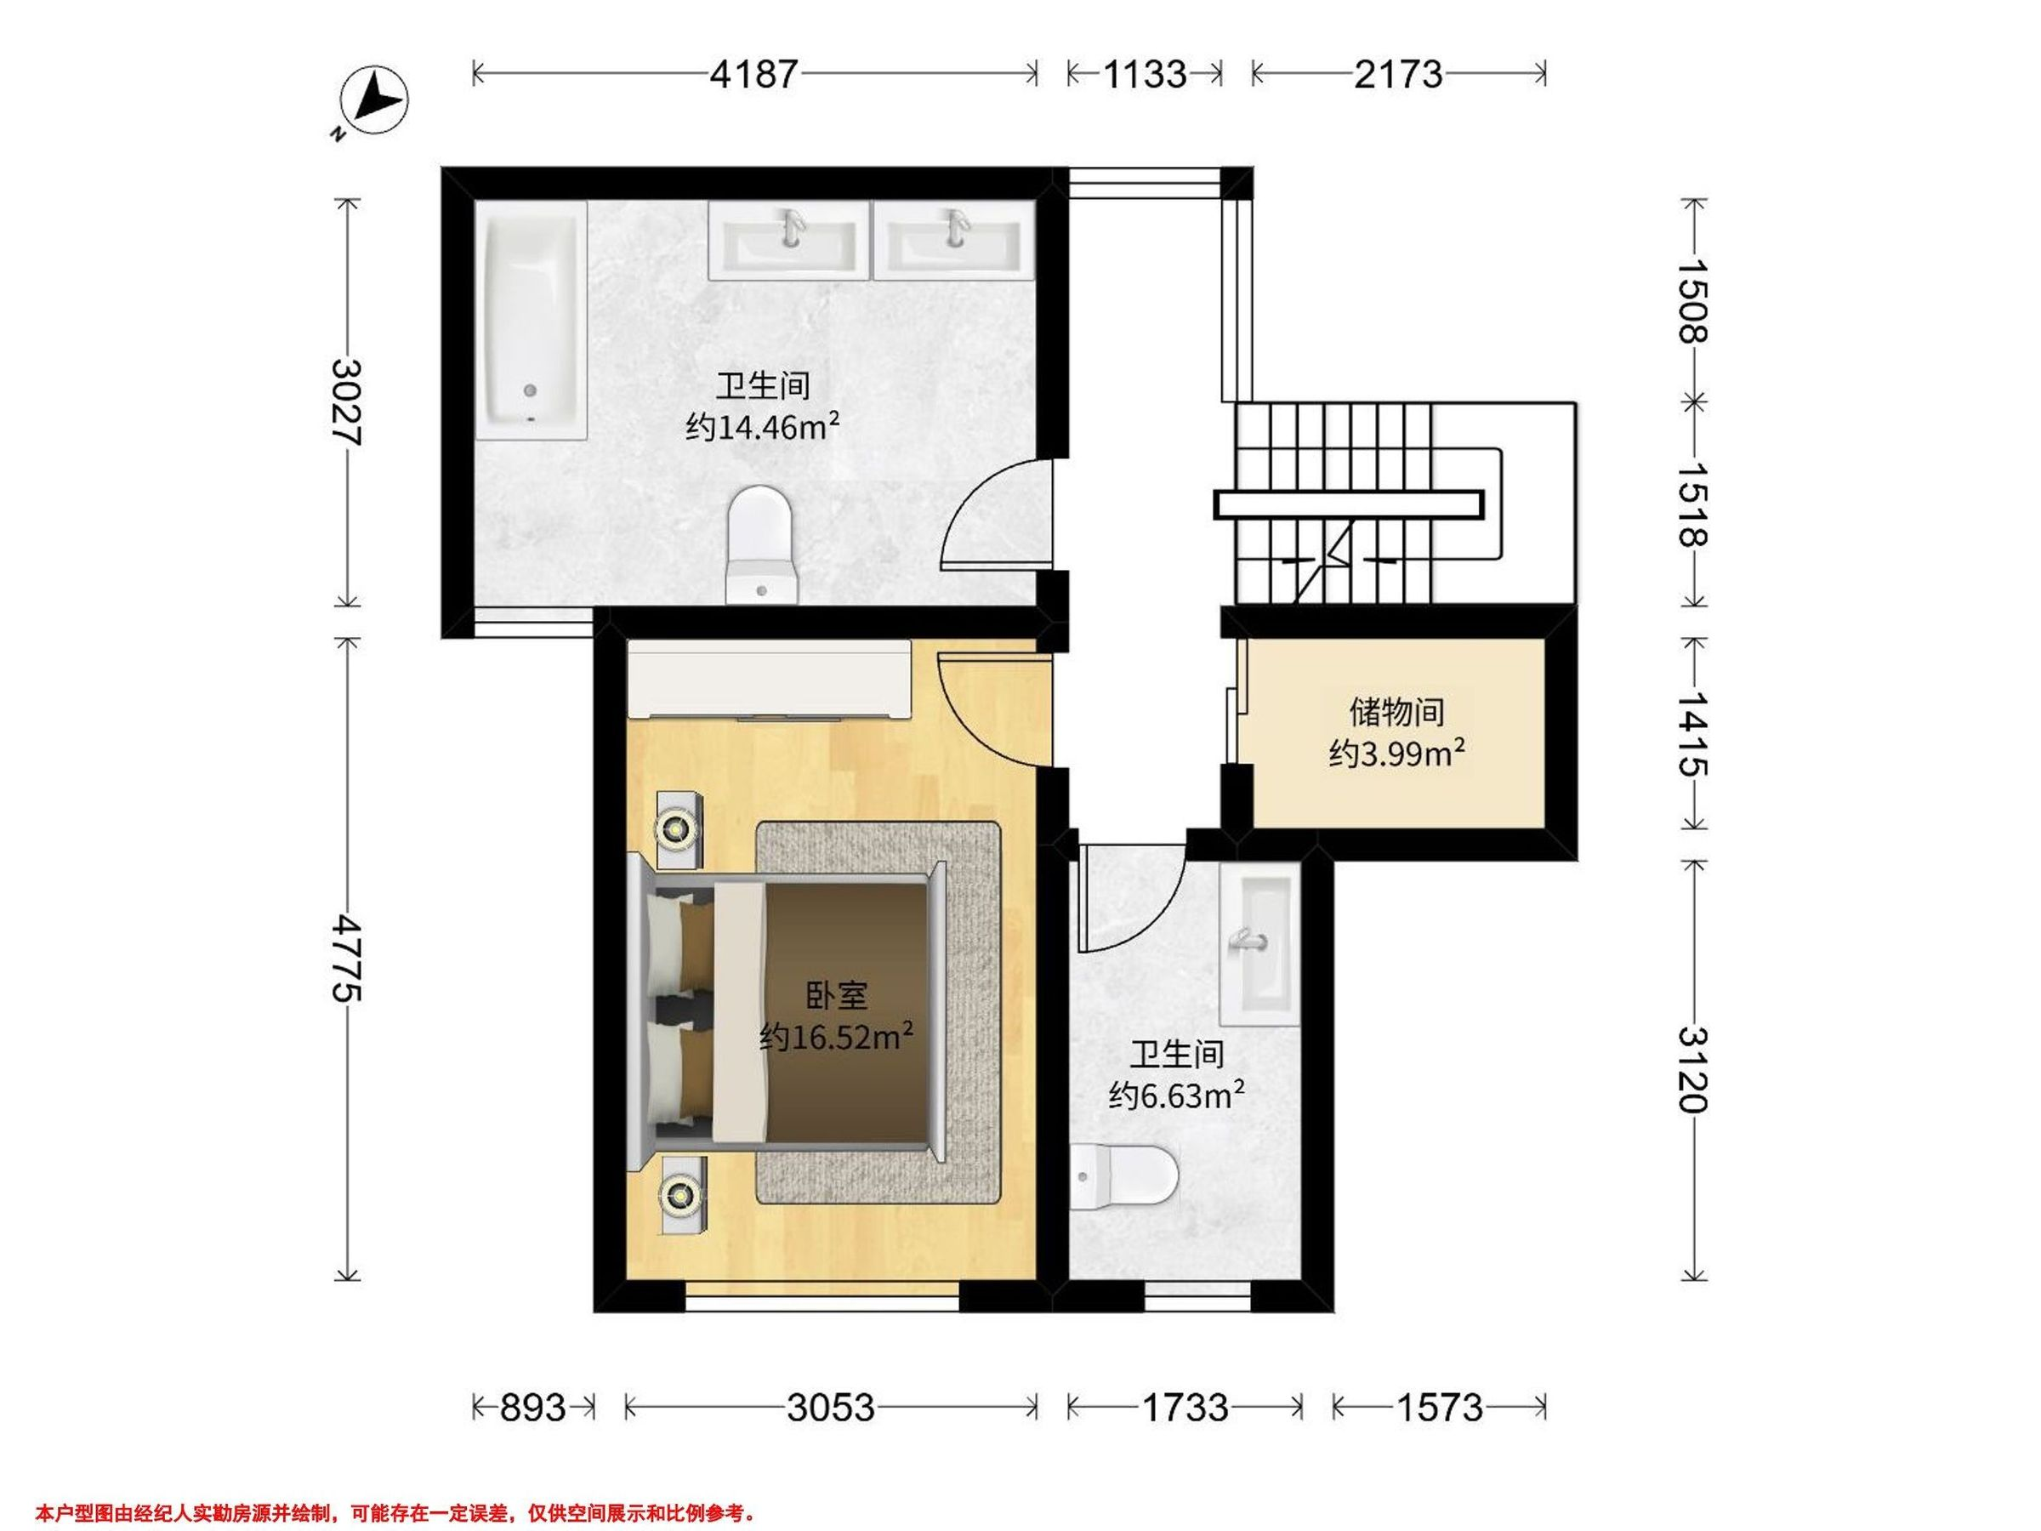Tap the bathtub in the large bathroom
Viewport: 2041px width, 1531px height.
point(532,320)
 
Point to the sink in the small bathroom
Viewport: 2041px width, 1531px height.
point(1260,944)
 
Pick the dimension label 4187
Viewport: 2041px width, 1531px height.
point(753,74)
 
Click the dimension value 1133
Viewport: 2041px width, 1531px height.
point(1144,74)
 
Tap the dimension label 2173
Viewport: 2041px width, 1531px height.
point(1398,74)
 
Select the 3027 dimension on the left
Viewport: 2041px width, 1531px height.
point(348,402)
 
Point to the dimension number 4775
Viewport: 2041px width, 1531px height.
point(348,958)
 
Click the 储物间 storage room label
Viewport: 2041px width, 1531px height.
point(1397,713)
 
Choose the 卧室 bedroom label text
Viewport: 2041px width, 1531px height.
point(837,996)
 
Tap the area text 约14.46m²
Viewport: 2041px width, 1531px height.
point(763,427)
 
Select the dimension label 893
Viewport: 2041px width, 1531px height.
point(532,1408)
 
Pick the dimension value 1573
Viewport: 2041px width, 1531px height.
point(1440,1408)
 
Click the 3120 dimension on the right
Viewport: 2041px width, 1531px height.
point(1694,1071)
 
